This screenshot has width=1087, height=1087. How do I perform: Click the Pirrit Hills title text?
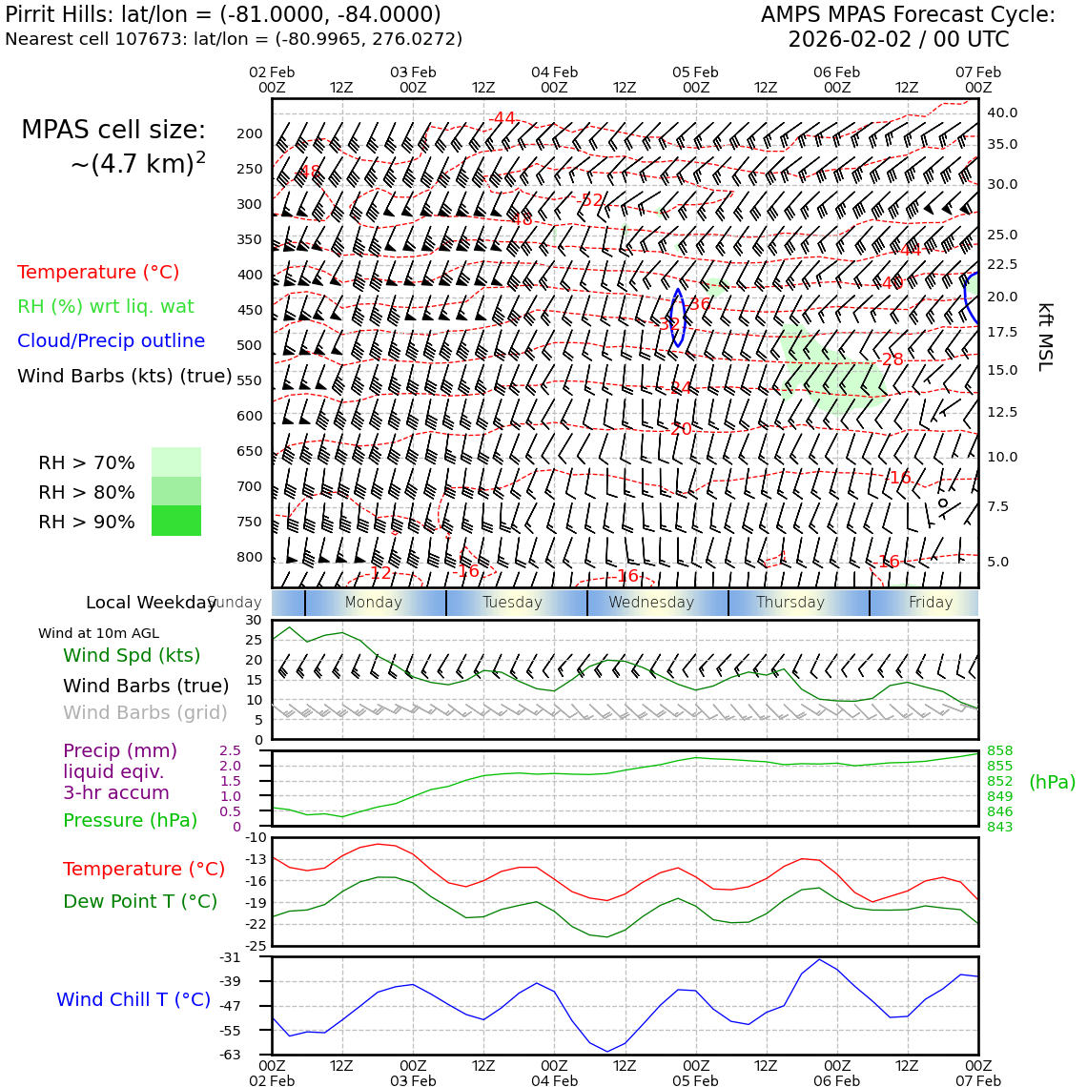pyautogui.click(x=223, y=15)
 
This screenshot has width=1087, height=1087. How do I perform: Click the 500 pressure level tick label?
pyautogui.click(x=249, y=345)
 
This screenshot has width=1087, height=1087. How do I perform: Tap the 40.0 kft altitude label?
pyautogui.click(x=1002, y=113)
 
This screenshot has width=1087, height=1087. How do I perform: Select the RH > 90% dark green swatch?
pyautogui.click(x=176, y=521)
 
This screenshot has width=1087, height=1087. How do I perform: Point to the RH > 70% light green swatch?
pyautogui.click(x=176, y=461)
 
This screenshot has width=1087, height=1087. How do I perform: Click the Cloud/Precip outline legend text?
pyautogui.click(x=111, y=340)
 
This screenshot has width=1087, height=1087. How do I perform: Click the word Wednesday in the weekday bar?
pyautogui.click(x=651, y=603)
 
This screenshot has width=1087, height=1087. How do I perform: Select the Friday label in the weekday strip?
pyautogui.click(x=930, y=603)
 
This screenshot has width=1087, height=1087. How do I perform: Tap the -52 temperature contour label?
pyautogui.click(x=590, y=200)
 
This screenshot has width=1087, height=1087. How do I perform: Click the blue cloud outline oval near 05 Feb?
pyautogui.click(x=678, y=318)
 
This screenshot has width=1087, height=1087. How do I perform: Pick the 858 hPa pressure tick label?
pyautogui.click(x=999, y=750)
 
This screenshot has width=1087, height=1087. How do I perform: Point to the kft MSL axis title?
pyautogui.click(x=1045, y=337)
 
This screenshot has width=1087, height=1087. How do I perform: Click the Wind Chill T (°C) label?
pyautogui.click(x=133, y=999)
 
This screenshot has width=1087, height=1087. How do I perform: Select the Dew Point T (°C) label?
pyautogui.click(x=140, y=901)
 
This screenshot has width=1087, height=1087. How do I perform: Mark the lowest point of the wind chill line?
pyautogui.click(x=607, y=1052)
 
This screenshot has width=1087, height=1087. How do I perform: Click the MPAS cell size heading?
pyautogui.click(x=113, y=131)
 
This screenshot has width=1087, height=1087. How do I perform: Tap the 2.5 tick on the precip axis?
pyautogui.click(x=230, y=750)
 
